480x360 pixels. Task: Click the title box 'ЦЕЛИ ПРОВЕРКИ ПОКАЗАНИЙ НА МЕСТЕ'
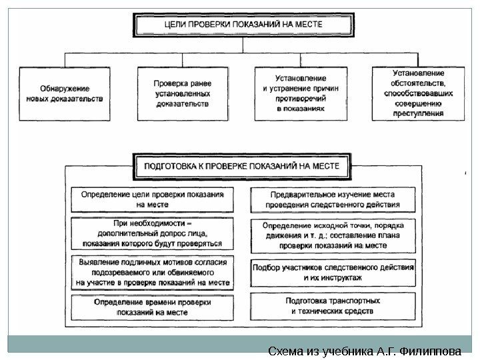[243, 24]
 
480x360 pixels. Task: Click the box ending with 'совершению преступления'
[418, 93]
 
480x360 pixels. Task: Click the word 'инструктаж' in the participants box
[341, 277]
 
